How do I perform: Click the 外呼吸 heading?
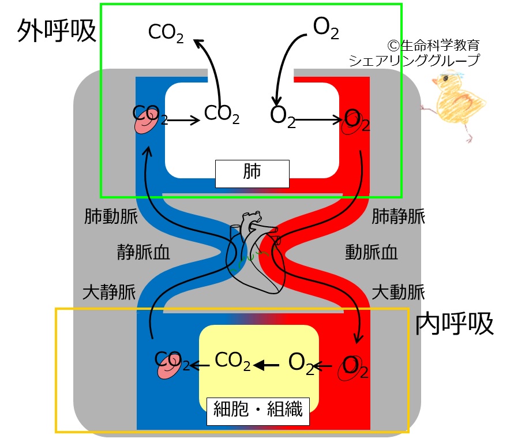[57, 31]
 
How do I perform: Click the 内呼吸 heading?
[455, 324]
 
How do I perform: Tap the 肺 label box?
[252, 174]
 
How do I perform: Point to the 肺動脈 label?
[111, 216]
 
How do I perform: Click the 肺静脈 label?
[398, 216]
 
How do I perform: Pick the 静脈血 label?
[143, 252]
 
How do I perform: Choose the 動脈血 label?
[372, 252]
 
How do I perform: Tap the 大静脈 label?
[109, 292]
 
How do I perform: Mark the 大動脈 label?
[398, 292]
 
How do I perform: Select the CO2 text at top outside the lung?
[166, 33]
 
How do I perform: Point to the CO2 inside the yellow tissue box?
[232, 361]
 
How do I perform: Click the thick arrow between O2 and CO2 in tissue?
[266, 365]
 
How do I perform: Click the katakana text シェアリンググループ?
[414, 61]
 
